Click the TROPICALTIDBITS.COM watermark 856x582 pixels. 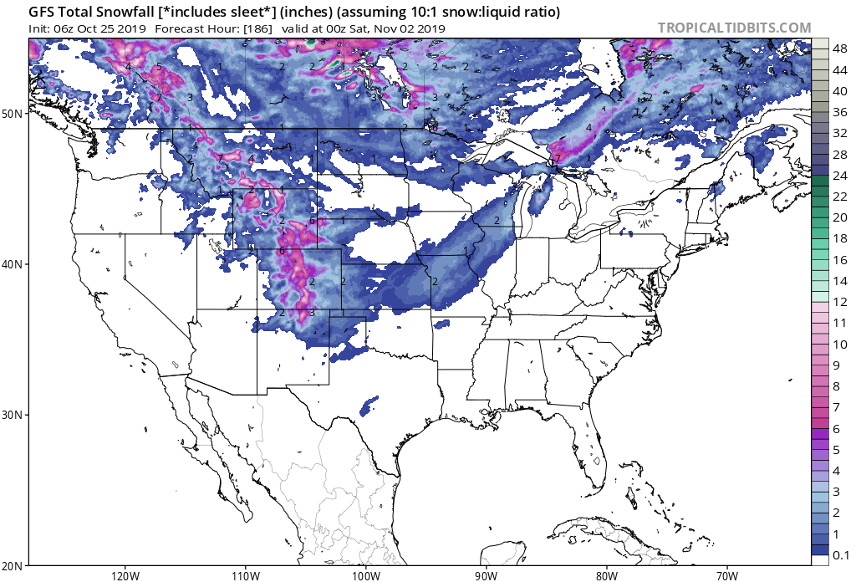click(734, 28)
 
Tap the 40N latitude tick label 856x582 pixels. click(14, 263)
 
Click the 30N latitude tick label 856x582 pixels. click(14, 415)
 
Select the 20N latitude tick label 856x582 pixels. click(14, 564)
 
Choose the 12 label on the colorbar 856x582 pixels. click(840, 302)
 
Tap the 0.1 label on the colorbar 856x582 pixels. click(842, 554)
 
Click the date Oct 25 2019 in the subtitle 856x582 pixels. click(111, 28)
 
